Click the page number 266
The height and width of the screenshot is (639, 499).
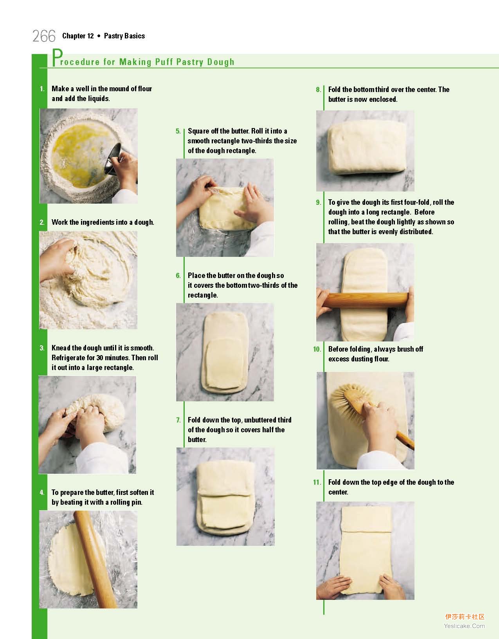click(x=44, y=36)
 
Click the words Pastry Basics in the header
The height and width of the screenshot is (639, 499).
click(x=124, y=36)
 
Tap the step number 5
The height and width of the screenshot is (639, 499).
click(x=178, y=131)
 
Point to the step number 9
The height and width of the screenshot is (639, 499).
click(x=318, y=202)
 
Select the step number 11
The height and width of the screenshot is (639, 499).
click(x=317, y=482)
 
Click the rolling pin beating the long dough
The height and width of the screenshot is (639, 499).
click(x=368, y=300)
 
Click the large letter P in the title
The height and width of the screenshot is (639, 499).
click(x=58, y=57)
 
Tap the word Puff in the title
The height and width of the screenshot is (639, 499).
click(x=164, y=62)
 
